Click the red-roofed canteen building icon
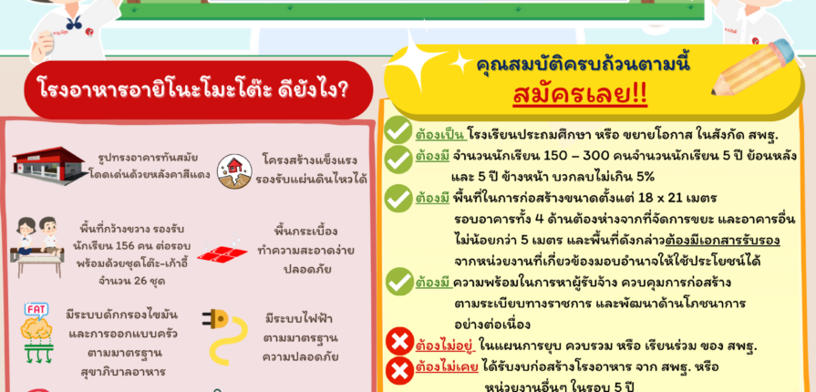(x=49, y=166)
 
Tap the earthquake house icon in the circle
(x=234, y=171)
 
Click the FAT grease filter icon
(x=36, y=332)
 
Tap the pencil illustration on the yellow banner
(x=754, y=67)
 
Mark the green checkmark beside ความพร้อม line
(x=399, y=282)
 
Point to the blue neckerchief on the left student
(x=73, y=23)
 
